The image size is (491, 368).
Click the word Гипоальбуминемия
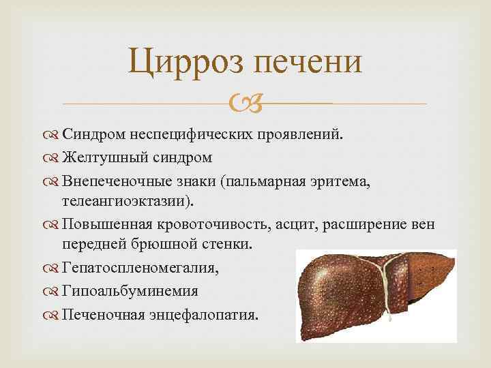[x=130, y=291]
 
